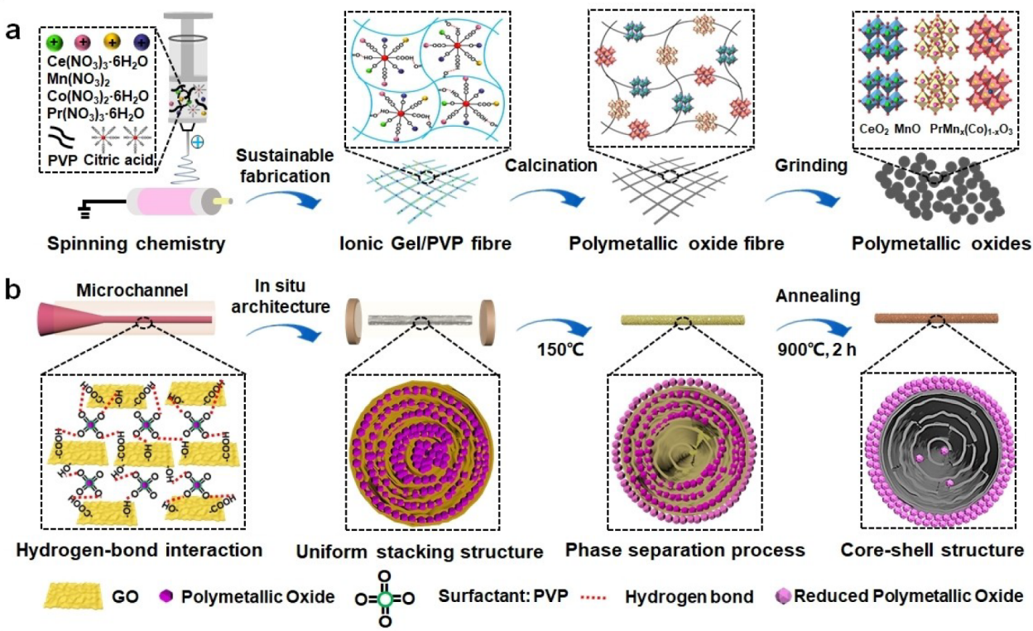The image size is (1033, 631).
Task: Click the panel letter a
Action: coord(12,31)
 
